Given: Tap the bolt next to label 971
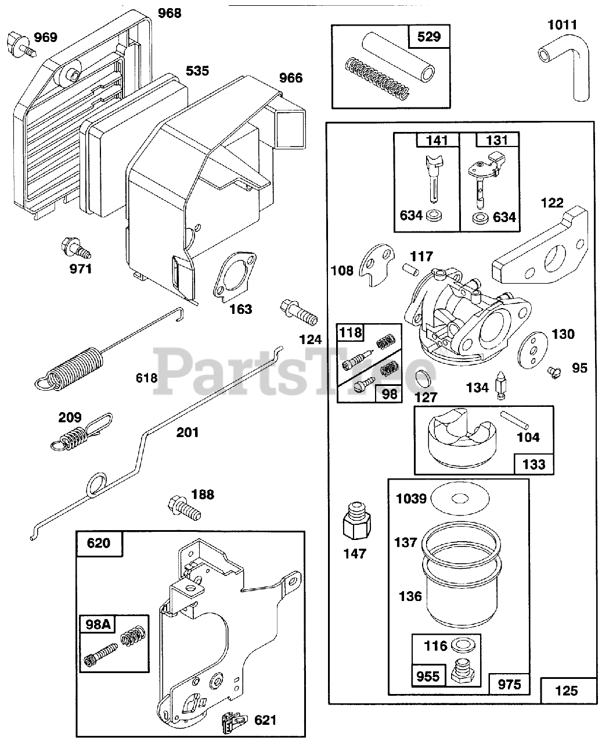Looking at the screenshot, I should [x=75, y=248].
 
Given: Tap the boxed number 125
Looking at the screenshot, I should [x=567, y=691].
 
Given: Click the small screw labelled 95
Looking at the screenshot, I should [x=554, y=370].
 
